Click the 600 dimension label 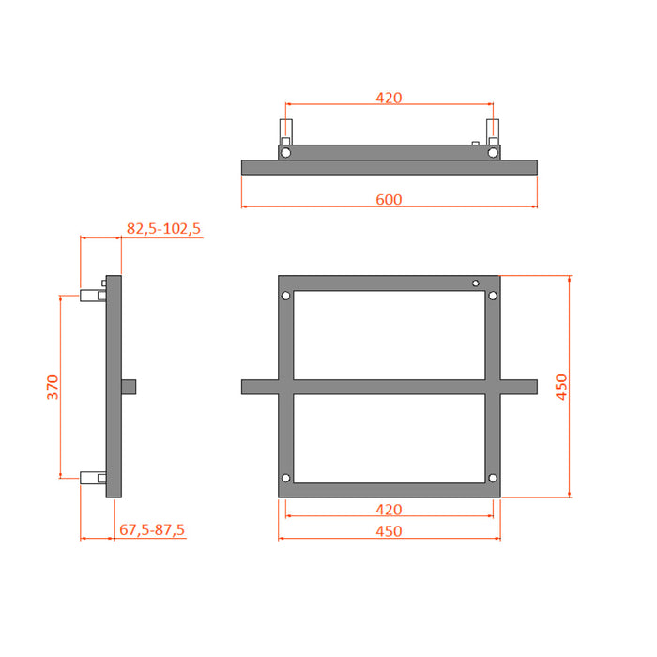[x=389, y=198]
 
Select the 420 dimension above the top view [x=389, y=97]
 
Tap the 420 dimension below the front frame [x=389, y=510]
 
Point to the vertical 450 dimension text [x=561, y=387]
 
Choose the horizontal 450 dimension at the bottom [x=389, y=531]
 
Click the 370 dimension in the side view [x=53, y=387]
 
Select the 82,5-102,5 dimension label [x=163, y=228]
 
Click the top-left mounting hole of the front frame [x=286, y=297]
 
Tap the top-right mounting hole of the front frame [x=493, y=297]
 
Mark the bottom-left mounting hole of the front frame [x=286, y=480]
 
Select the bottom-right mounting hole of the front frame [x=493, y=480]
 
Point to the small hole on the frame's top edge [x=476, y=283]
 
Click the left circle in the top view [x=285, y=152]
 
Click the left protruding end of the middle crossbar [x=259, y=387]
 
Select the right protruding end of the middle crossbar [x=519, y=387]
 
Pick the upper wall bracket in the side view [x=93, y=296]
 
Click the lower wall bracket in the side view [x=93, y=477]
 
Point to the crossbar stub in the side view [x=130, y=386]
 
